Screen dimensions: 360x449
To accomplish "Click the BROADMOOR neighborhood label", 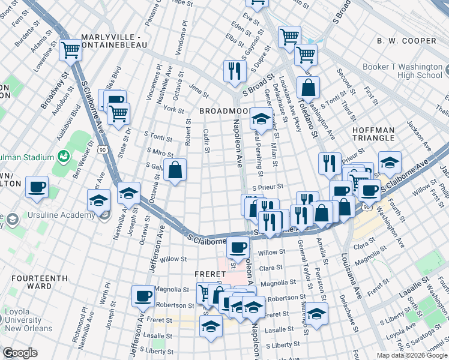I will [x=223, y=112].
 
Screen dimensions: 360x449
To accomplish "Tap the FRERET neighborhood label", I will [x=210, y=274].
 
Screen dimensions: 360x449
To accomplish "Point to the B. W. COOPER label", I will [x=406, y=41].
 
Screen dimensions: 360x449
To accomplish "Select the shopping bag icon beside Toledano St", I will [x=307, y=87].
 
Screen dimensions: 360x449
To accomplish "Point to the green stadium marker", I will [x=63, y=156].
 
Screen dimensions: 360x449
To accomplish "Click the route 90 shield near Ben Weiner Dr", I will [x=104, y=149].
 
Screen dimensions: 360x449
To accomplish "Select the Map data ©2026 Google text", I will [x=411, y=355].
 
